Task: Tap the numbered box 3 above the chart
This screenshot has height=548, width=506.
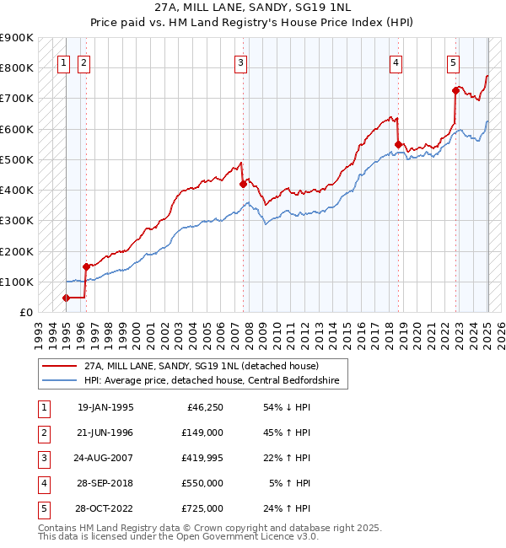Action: pyautogui.click(x=241, y=62)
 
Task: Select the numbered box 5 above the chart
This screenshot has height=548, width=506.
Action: pyautogui.click(x=454, y=62)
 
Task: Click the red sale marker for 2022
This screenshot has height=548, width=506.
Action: pyautogui.click(x=455, y=90)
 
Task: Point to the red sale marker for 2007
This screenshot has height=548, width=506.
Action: pyautogui.click(x=243, y=184)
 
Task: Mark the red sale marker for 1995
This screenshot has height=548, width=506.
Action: pyautogui.click(x=66, y=298)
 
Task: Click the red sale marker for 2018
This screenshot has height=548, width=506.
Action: pyautogui.click(x=398, y=144)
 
